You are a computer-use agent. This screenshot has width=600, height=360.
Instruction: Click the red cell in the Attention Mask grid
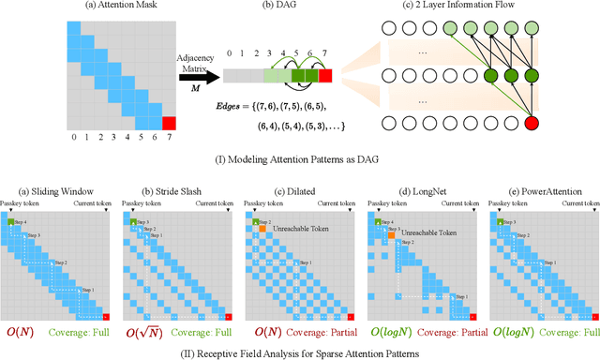click(169, 124)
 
